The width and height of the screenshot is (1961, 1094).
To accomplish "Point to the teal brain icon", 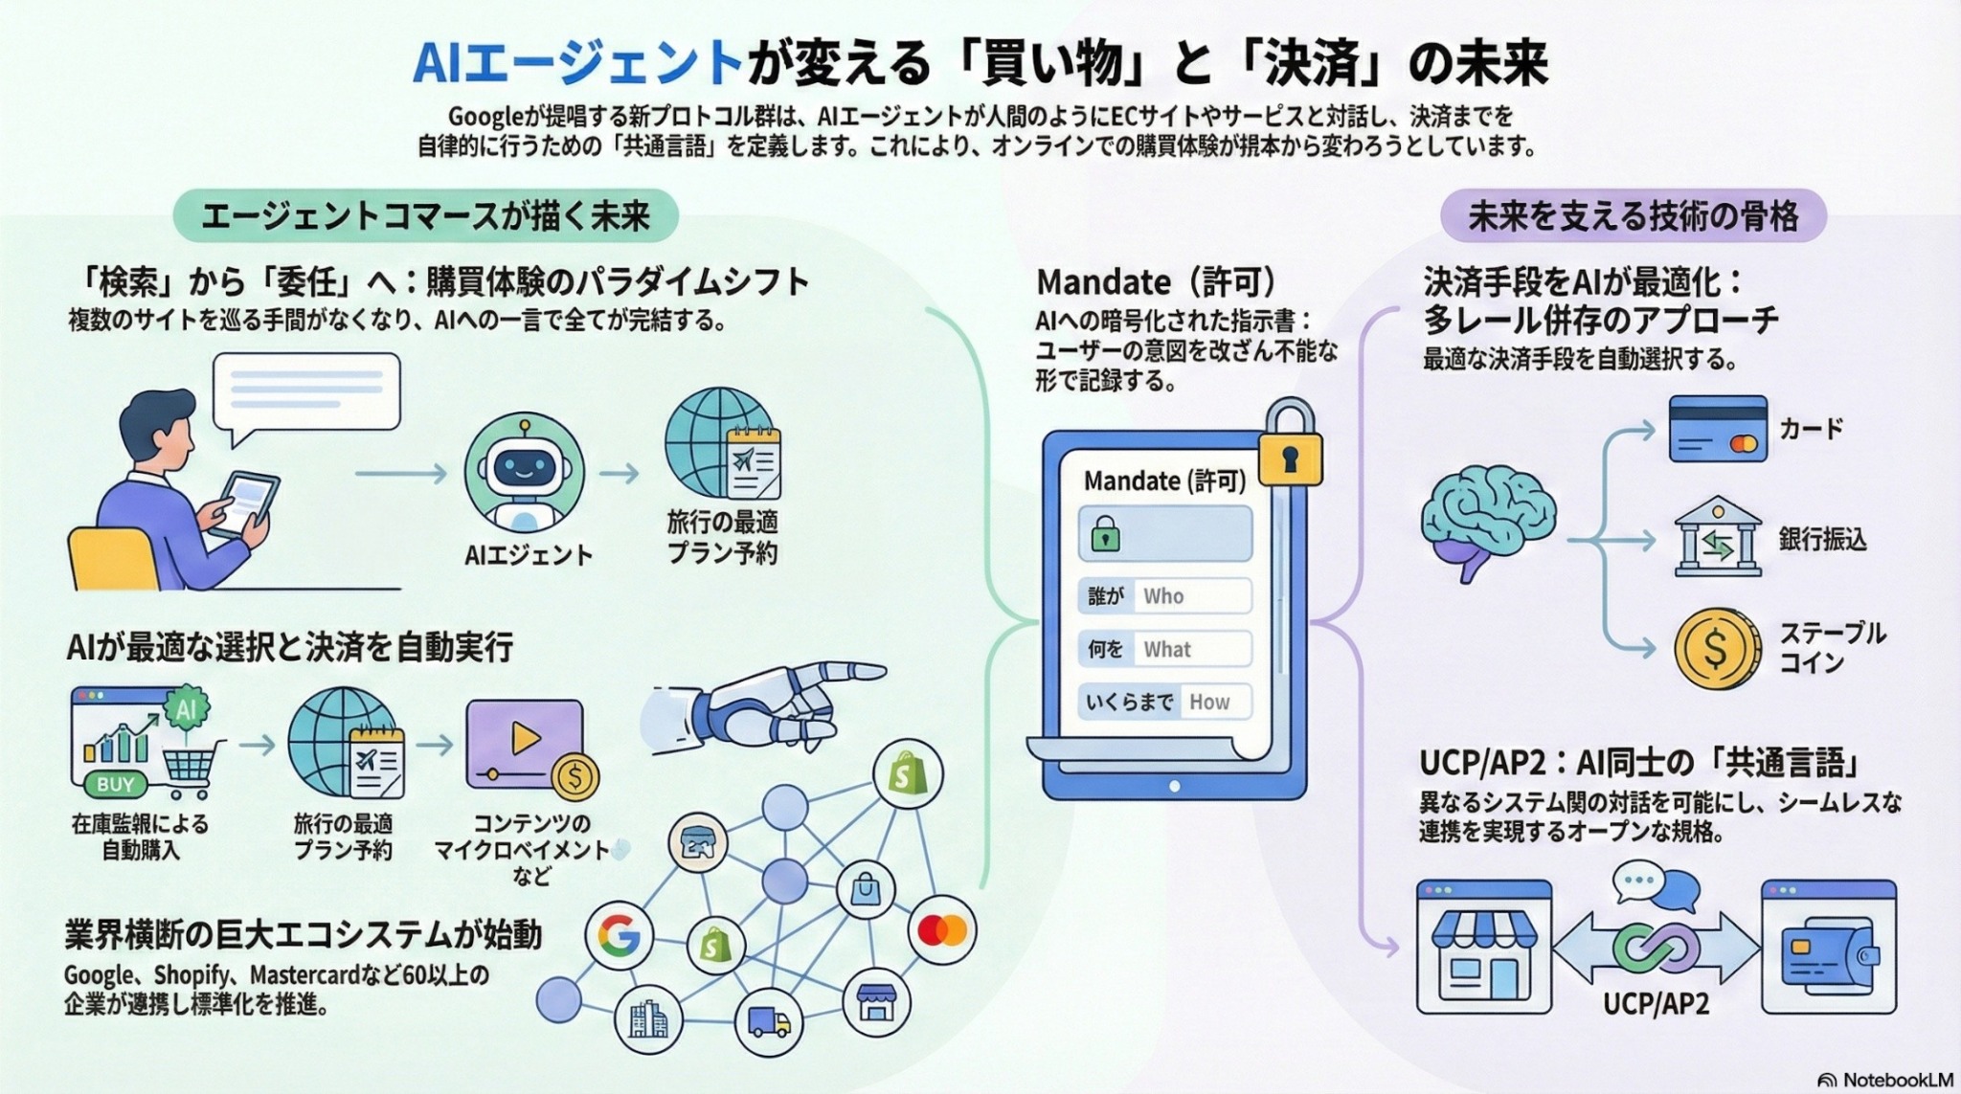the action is [1487, 522].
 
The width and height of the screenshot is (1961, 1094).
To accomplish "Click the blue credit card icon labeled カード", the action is [1718, 429].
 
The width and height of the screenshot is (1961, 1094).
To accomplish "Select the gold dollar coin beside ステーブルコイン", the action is [1717, 649].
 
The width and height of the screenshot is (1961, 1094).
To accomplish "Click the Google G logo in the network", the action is [620, 935].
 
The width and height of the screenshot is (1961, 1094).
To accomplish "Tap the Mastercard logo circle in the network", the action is [941, 929].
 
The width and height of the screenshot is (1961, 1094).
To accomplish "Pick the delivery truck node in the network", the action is [769, 1022].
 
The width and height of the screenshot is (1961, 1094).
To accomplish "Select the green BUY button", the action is [116, 784].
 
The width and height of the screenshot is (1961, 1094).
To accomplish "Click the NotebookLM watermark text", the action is [1884, 1080].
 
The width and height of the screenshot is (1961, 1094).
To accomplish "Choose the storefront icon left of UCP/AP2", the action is [1483, 947].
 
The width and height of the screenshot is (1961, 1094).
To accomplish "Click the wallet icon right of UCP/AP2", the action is [1829, 947].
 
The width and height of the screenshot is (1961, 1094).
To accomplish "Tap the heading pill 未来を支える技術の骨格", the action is [1634, 216].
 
